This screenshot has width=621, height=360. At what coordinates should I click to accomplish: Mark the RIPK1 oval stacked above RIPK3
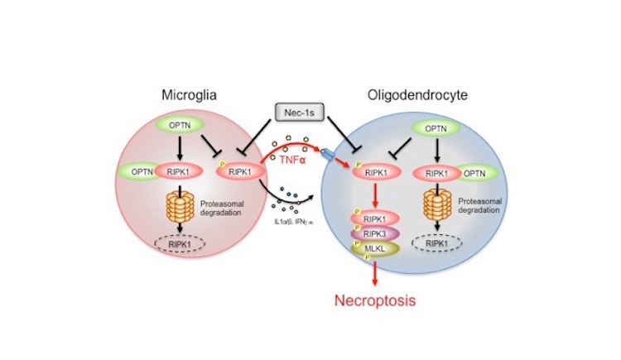[375, 218]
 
